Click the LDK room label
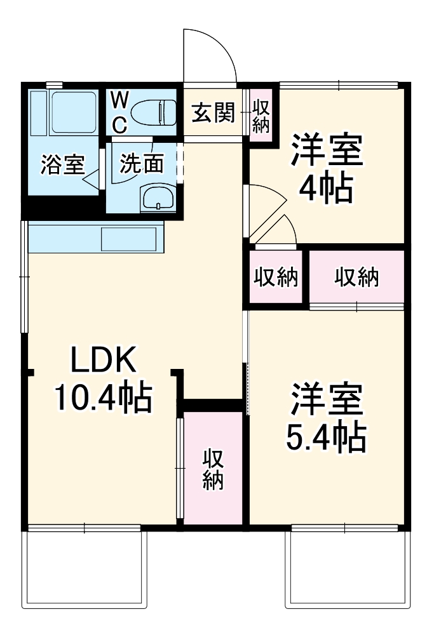103,362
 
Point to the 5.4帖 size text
326,436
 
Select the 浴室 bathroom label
62,164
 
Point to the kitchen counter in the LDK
95,237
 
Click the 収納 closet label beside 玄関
261,115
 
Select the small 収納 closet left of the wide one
276,277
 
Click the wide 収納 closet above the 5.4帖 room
357,277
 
